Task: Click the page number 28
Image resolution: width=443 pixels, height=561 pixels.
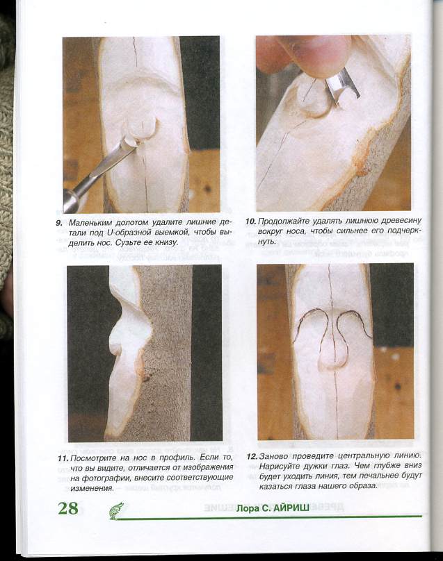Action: pyautogui.click(x=68, y=508)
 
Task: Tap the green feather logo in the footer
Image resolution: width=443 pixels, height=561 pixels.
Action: pyautogui.click(x=116, y=510)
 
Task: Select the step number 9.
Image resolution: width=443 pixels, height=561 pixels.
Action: pyautogui.click(x=59, y=223)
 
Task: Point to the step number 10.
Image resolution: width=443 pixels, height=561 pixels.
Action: pyautogui.click(x=251, y=221)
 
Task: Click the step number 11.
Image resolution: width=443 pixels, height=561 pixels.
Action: pyautogui.click(x=63, y=459)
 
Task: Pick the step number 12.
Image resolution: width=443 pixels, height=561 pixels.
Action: pyautogui.click(x=252, y=457)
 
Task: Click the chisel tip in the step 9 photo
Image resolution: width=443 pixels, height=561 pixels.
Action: pyautogui.click(x=130, y=143)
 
